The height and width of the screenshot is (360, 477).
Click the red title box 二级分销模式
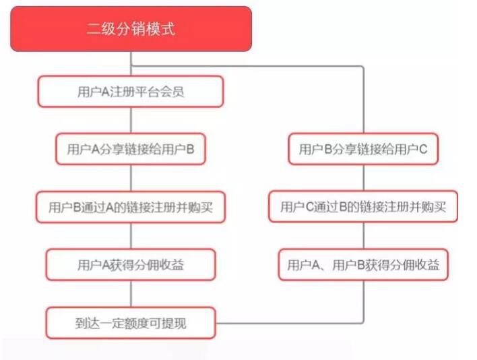coord(131,29)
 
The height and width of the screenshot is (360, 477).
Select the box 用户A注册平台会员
coord(131,92)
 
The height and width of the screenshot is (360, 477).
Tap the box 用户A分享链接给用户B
coord(131,149)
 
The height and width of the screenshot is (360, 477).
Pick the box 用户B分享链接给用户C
coord(363,149)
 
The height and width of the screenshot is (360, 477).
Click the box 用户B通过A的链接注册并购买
coord(131,207)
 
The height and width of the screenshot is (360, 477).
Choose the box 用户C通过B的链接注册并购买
coord(363,206)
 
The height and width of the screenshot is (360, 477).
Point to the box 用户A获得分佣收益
coord(131,265)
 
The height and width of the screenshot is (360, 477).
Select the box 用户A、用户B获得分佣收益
coord(363,265)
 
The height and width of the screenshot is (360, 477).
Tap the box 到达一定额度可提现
coord(131,323)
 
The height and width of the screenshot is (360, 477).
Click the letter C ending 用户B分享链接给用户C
coord(424,149)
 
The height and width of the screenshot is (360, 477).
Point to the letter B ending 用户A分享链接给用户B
coord(190,149)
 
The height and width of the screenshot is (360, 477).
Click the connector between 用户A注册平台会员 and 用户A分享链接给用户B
coord(131,120)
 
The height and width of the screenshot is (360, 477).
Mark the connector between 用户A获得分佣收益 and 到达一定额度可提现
coord(131,294)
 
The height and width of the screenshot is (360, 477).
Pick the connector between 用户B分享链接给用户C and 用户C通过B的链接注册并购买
coord(364,178)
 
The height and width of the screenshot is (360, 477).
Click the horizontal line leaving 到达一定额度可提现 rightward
coord(289,323)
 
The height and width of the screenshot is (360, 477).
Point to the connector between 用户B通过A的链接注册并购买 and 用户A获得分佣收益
coord(131,236)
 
